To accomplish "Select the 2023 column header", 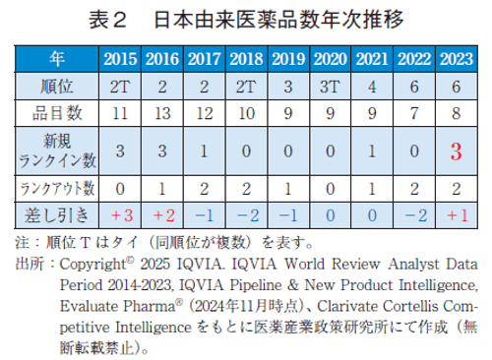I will pos(456,58).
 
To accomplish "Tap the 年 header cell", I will pos(57,58).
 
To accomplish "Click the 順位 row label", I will pos(57,85).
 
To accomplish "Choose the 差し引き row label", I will pos(57,212).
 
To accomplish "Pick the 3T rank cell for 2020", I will pos(330,85).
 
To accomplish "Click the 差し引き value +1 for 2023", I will pos(456,212).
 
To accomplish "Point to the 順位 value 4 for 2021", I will pos(372,85).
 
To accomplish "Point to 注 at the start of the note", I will pos(22,241).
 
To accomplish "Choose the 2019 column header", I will pos(287,58).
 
